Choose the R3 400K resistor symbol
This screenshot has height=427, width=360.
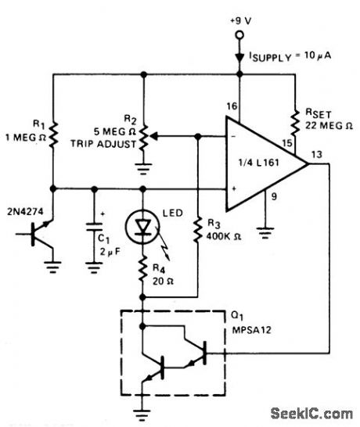point(198,227)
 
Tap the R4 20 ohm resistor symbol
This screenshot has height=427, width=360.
point(143,271)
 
